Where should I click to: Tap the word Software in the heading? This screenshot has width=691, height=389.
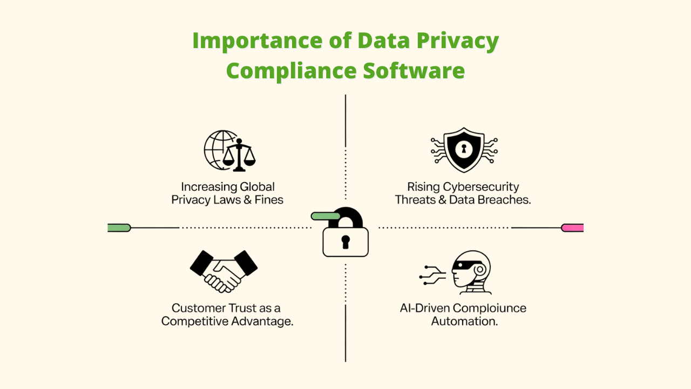(x=414, y=71)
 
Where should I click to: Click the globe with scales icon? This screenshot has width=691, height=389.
(x=230, y=151)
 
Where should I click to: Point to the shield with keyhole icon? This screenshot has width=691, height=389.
(x=464, y=150)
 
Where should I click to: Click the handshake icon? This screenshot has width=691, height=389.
(x=223, y=272)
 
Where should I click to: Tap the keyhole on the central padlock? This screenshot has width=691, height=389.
(x=345, y=242)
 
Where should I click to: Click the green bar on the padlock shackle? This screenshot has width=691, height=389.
(x=326, y=216)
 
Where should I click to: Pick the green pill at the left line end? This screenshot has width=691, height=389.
(x=119, y=228)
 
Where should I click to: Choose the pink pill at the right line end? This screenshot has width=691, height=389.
(x=572, y=228)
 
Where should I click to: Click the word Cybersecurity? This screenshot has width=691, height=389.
(x=481, y=187)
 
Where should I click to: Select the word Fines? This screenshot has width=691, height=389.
(x=269, y=200)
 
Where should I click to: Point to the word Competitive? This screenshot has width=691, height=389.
(x=195, y=321)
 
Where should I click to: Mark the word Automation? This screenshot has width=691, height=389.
(x=464, y=321)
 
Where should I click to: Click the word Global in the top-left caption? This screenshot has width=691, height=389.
(x=257, y=187)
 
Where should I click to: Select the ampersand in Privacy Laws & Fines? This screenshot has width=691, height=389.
(x=248, y=200)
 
